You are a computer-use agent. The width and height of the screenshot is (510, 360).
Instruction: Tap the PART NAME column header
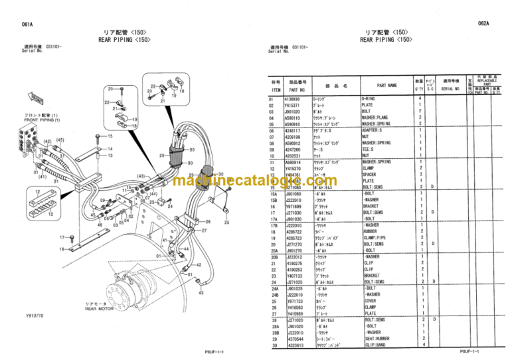[x=386, y=85]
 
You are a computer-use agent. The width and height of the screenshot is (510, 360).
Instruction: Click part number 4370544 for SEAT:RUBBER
[x=294, y=339]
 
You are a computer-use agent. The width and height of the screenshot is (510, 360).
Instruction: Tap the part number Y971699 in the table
[x=294, y=206]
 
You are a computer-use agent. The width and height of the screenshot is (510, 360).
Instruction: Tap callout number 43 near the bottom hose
[x=201, y=292]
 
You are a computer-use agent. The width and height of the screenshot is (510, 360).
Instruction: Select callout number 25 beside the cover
[x=227, y=223]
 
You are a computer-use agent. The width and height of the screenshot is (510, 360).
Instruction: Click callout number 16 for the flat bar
[x=61, y=249]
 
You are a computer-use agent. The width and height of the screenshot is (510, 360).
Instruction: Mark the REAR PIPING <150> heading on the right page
[x=386, y=39]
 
